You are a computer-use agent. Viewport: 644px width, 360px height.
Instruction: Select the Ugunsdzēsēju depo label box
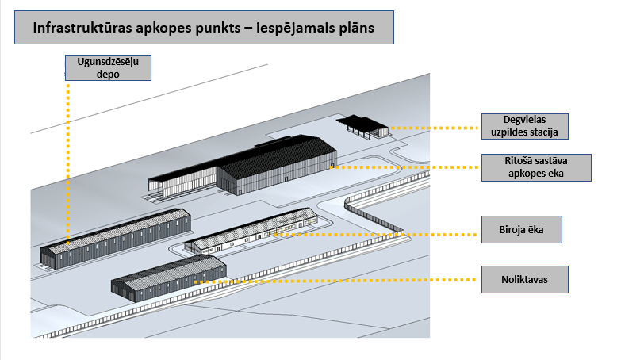tap(107, 67)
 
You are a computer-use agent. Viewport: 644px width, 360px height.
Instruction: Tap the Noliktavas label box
tap(525, 278)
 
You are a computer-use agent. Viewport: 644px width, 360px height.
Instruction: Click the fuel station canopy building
tap(362, 125)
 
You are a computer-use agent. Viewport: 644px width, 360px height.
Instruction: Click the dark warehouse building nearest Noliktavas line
tap(168, 278)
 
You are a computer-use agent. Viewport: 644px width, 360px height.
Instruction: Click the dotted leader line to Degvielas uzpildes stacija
tap(436, 127)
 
